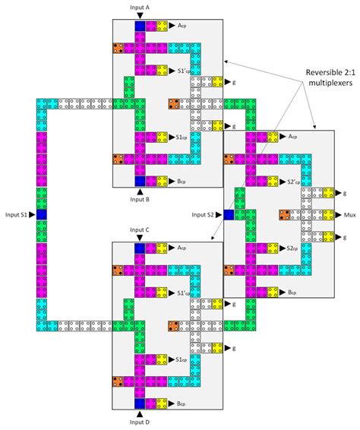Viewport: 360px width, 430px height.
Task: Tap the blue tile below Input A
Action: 141,27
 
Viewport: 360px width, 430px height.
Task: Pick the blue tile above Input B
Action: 141,181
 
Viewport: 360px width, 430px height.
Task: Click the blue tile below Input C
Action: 141,248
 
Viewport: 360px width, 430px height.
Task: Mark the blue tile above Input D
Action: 141,403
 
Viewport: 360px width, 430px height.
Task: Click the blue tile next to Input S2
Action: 229,215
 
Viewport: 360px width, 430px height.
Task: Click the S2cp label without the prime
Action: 293,248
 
